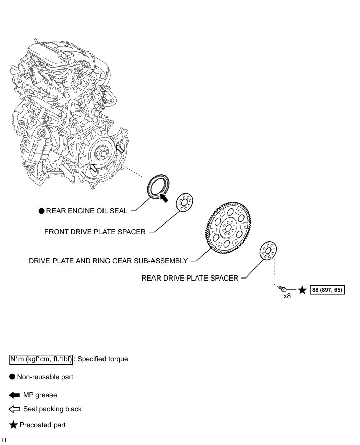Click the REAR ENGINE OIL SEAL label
point(87,211)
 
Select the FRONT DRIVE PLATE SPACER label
point(95,232)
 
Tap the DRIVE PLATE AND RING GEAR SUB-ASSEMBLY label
point(109,261)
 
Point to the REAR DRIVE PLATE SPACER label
point(190,278)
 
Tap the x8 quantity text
point(287,296)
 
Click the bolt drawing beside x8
point(282,289)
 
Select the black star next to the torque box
point(302,290)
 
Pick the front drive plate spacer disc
point(184,202)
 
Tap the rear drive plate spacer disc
point(268,250)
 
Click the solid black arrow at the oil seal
point(163,197)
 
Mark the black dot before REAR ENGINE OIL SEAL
point(42,211)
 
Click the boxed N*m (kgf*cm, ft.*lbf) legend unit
point(41,359)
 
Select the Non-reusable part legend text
point(45,377)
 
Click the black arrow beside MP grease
point(14,395)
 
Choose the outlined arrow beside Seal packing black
point(14,409)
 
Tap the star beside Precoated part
point(13,425)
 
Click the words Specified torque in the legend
point(103,359)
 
